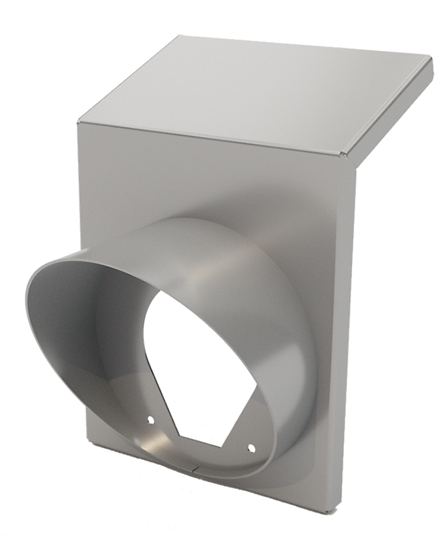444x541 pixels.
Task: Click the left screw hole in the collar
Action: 149,420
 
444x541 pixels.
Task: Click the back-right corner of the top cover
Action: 432,63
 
